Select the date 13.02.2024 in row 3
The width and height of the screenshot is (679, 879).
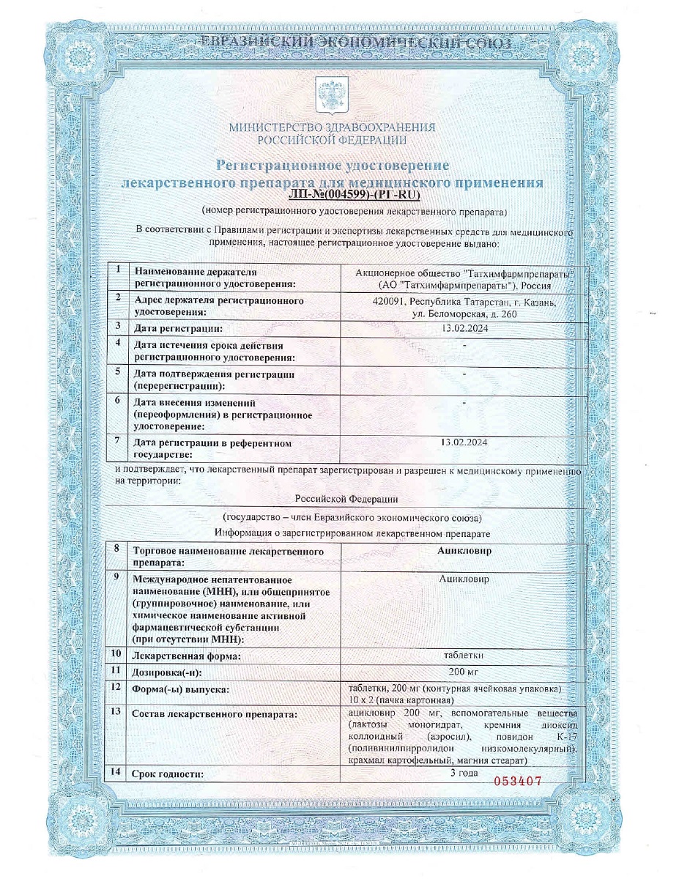click(x=464, y=327)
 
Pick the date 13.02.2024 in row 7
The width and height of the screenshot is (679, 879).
click(x=464, y=442)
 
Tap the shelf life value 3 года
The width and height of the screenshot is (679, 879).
click(x=464, y=772)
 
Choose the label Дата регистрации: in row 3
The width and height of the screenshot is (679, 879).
click(x=178, y=328)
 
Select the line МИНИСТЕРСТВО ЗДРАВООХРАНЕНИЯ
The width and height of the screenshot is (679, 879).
click(x=332, y=127)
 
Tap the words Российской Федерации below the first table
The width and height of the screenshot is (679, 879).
click(x=346, y=499)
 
